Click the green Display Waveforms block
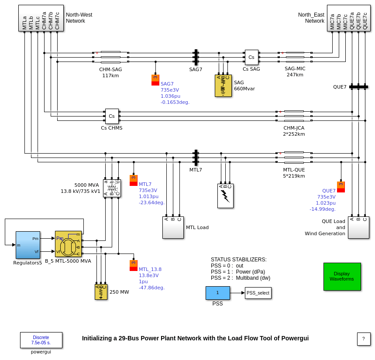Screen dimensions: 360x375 coord(342,276)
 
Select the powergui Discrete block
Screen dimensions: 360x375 coord(41,340)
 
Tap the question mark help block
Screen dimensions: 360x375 coord(364,339)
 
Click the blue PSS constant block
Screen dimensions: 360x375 coord(217,293)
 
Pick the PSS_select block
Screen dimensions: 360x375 coord(258,293)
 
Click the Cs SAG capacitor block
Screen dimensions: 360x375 coord(251,57)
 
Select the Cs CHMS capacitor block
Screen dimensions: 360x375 coord(112,116)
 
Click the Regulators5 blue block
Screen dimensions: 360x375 coord(28,245)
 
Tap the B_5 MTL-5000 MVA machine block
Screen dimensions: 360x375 coord(68,244)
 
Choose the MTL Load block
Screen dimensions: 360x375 coord(173,227)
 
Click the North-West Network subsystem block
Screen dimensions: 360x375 coord(41,18)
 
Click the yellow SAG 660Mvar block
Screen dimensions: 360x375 coord(223,86)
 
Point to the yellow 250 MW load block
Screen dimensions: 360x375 coord(101,292)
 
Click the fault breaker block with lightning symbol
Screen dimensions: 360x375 coord(225,195)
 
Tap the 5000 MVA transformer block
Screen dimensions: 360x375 coord(112,188)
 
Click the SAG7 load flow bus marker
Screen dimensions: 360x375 coord(155,80)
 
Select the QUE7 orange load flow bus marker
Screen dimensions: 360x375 coord(341,187)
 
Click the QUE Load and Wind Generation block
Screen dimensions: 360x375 coord(358,227)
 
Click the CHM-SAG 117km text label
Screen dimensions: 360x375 coord(110,72)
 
